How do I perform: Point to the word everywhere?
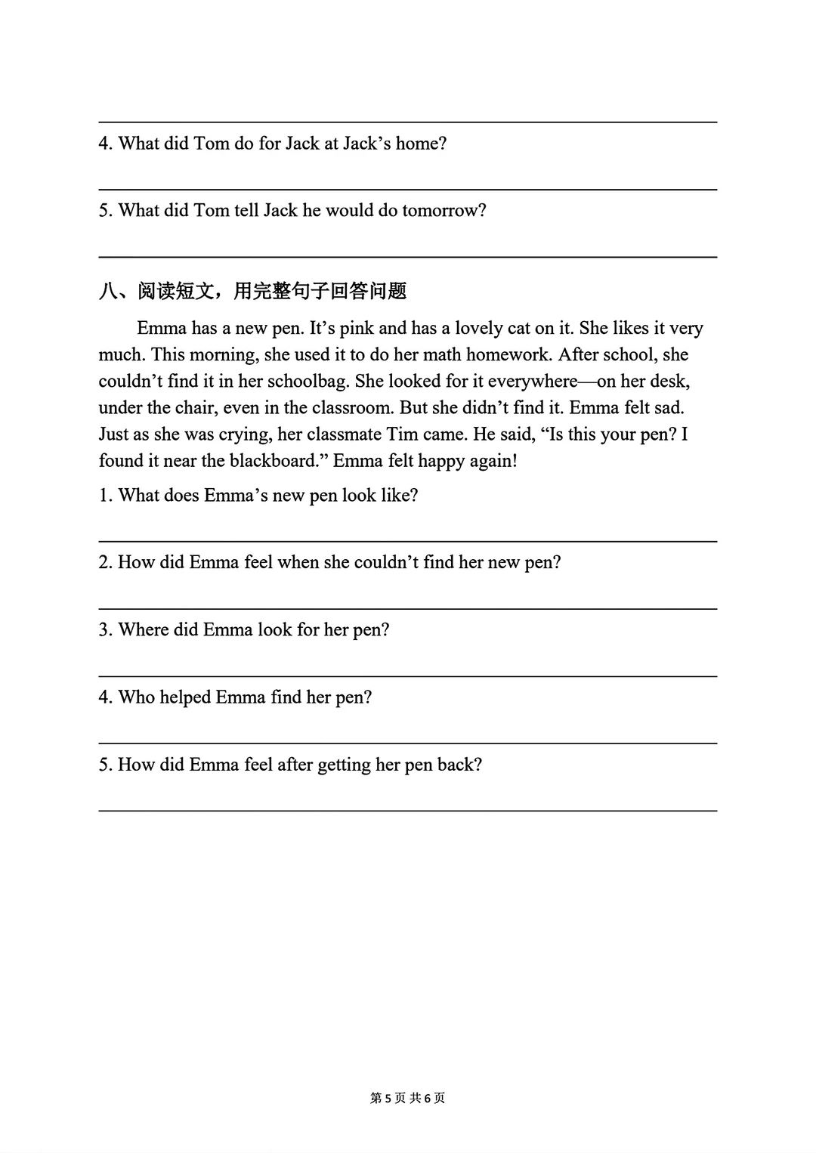532,382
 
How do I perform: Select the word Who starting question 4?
137,697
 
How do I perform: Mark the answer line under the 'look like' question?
408,541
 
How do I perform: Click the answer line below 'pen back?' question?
408,811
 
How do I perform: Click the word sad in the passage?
669,408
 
